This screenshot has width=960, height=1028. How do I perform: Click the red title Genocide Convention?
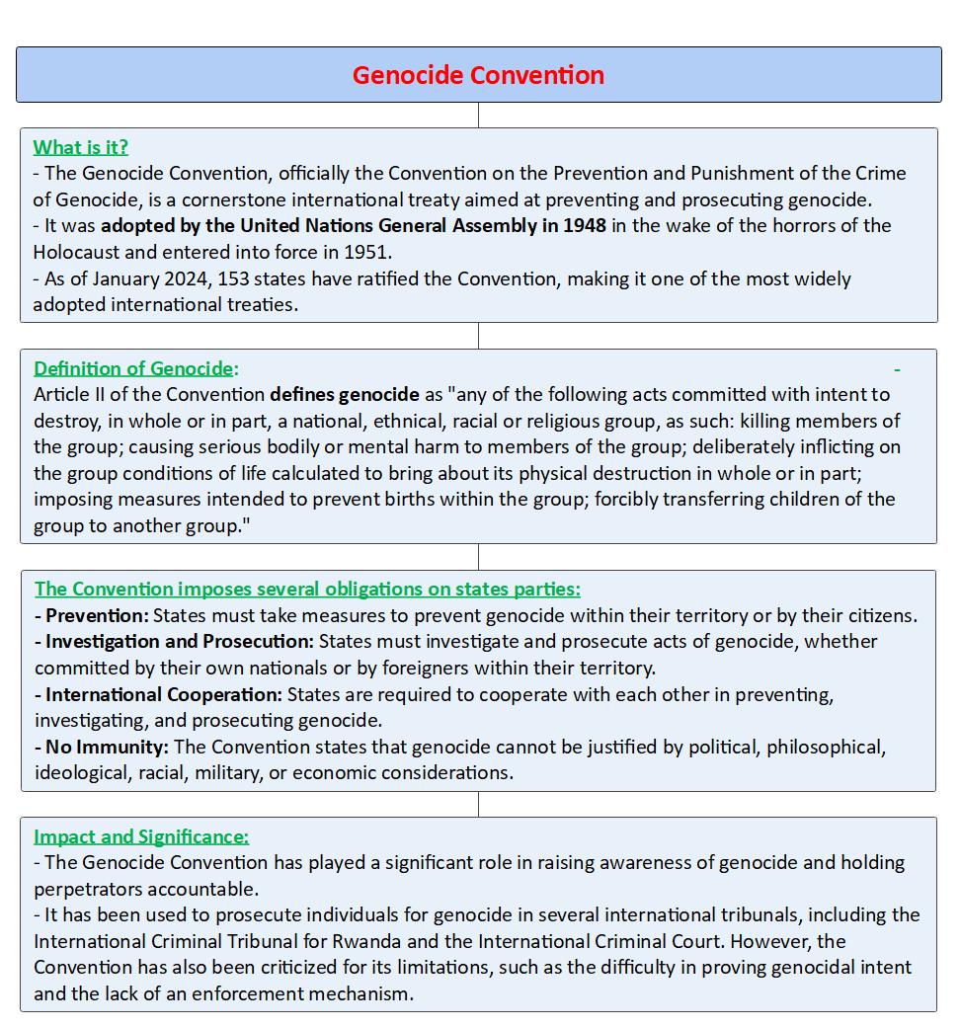(x=478, y=75)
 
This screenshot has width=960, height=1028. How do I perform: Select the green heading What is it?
(x=81, y=147)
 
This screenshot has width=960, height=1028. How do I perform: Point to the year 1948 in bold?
(x=585, y=225)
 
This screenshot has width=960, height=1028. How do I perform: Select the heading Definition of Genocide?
(x=134, y=368)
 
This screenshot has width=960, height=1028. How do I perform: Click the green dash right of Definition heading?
(x=897, y=369)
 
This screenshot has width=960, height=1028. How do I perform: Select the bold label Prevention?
(x=97, y=615)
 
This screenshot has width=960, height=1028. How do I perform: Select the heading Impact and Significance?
(x=141, y=836)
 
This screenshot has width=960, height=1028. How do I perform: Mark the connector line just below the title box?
(x=479, y=115)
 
